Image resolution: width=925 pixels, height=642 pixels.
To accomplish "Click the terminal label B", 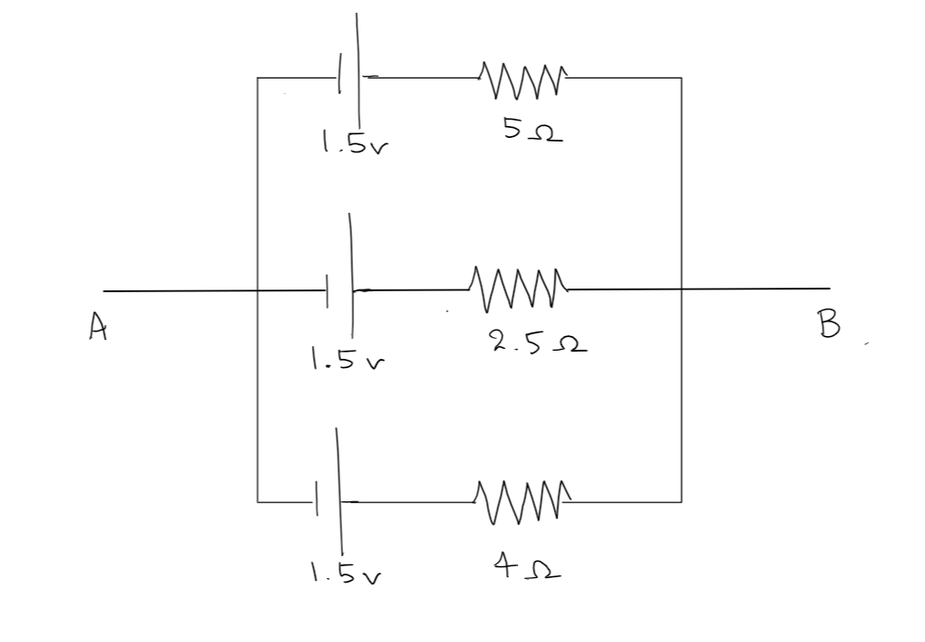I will click(828, 323).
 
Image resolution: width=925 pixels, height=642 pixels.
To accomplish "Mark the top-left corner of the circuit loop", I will click(258, 79).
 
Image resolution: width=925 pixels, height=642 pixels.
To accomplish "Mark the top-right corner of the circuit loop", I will click(681, 79).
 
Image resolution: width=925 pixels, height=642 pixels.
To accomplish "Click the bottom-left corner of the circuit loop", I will click(258, 501).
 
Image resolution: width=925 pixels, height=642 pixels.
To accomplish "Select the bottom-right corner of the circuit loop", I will click(681, 501).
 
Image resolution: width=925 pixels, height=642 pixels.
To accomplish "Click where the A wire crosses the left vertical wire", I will click(258, 291).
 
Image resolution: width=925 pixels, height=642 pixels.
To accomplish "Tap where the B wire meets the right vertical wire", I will click(681, 289).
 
